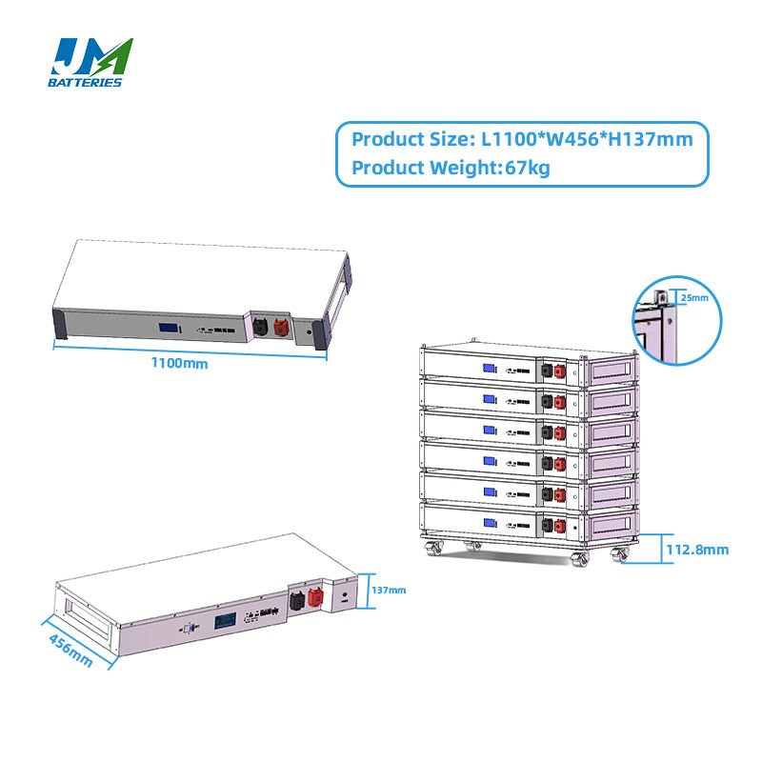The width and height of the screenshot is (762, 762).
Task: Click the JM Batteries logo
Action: click(90, 63)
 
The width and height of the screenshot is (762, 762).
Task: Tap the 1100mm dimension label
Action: click(179, 363)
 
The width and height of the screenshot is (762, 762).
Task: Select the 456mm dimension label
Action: click(70, 651)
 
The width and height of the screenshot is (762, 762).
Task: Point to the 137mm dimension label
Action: click(389, 590)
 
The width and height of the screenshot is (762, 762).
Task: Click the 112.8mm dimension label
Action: click(697, 550)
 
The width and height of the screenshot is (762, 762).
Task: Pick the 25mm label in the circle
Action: click(694, 297)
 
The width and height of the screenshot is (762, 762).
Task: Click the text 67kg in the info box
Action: click(528, 169)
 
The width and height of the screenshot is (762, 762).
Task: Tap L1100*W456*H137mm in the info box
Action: click(587, 139)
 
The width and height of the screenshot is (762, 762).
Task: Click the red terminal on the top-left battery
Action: click(281, 327)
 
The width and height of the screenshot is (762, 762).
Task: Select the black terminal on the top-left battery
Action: click(260, 326)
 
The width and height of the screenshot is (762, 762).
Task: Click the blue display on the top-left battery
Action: click(170, 327)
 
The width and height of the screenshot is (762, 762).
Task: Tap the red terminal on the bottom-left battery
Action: click(315, 597)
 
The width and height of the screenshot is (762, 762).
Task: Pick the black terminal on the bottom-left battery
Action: click(297, 601)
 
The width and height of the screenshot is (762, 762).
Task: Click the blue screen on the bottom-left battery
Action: click(226, 620)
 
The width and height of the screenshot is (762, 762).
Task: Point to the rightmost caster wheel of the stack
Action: click(620, 555)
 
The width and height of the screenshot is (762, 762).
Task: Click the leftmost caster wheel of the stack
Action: click(433, 549)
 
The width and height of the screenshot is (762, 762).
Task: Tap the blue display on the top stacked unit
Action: click(489, 369)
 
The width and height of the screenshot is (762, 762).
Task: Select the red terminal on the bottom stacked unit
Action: click(560, 526)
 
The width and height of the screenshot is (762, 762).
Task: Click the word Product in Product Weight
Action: click(389, 169)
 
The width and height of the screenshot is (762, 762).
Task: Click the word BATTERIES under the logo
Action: click(85, 83)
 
